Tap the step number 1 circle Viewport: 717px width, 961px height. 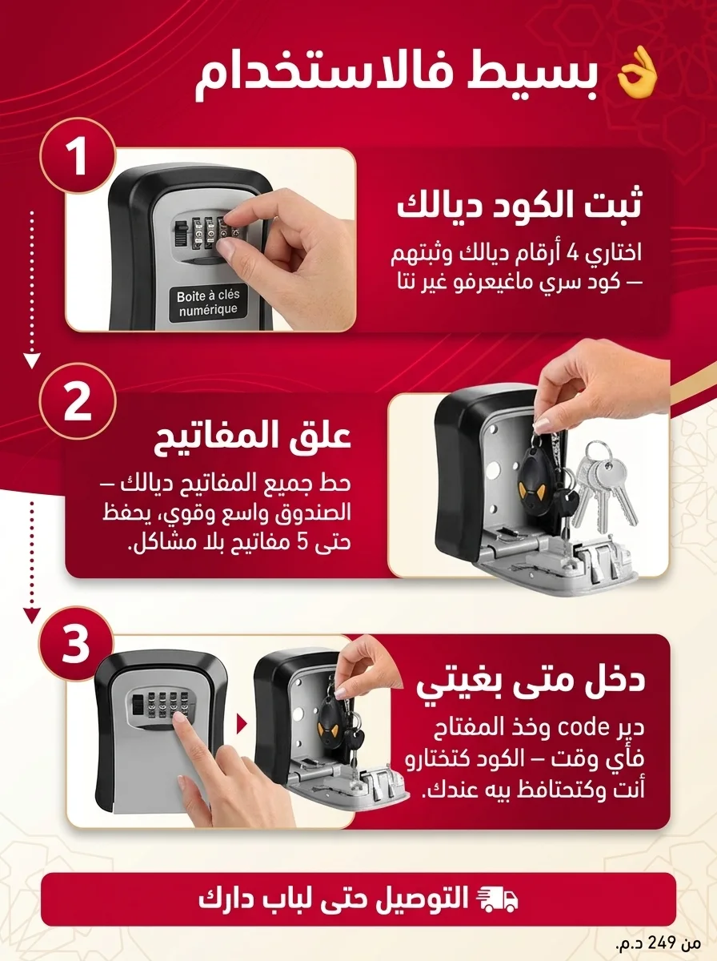click(78, 156)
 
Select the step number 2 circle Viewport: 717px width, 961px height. click(78, 401)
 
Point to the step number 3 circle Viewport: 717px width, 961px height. click(76, 644)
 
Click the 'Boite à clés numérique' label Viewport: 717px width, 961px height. click(208, 303)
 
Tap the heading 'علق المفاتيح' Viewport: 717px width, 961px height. click(253, 437)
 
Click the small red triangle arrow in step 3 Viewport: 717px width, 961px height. click(242, 725)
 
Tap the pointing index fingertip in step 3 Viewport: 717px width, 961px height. click(180, 718)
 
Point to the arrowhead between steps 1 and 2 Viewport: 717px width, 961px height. click(32, 360)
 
